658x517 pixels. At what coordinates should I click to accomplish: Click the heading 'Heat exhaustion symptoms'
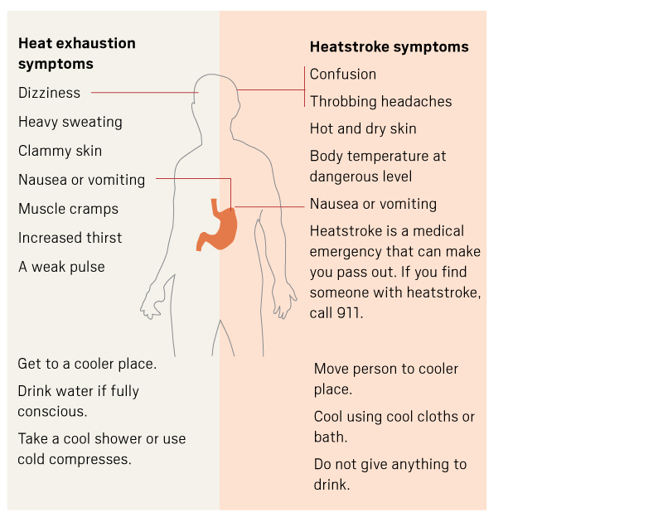pos(76,53)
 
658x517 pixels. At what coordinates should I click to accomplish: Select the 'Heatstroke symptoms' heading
pos(389,46)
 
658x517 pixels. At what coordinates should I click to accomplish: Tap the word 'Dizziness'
pos(50,93)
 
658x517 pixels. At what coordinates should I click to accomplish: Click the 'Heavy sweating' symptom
pos(70,122)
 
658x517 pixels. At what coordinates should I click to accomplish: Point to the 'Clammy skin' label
pos(60,151)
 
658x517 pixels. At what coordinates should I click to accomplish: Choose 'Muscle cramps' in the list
pos(68,209)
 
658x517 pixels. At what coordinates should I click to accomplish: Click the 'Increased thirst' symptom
pos(70,238)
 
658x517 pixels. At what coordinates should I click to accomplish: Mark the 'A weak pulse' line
pos(61,267)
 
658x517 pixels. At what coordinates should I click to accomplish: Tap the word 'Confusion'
pos(343,74)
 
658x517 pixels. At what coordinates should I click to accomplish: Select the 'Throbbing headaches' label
pos(380,101)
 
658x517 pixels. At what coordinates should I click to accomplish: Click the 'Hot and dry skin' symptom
pos(363,128)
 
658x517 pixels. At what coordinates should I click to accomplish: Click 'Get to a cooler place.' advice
pos(87,364)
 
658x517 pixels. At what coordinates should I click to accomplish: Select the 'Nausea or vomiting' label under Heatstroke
pos(373,204)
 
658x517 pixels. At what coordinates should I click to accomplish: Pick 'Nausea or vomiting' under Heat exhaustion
pos(81,180)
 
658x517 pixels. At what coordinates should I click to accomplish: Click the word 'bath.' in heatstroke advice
pos(331,437)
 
